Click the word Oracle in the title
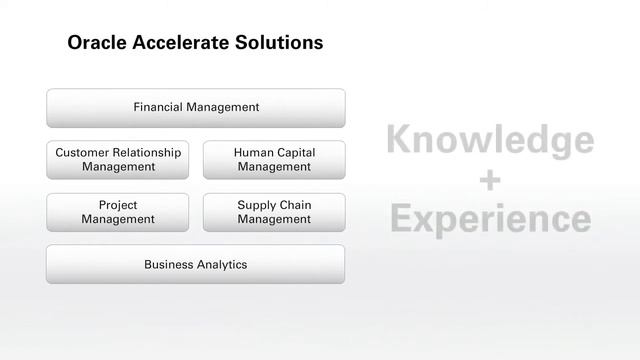click(x=97, y=43)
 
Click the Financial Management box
click(x=196, y=107)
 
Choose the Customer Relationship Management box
click(x=118, y=159)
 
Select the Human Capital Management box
click(x=274, y=159)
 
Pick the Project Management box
click(x=118, y=212)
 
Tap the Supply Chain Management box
click(x=274, y=212)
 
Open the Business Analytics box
click(x=196, y=265)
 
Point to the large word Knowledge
click(x=490, y=141)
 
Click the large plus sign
click(x=490, y=180)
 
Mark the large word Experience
click(x=490, y=218)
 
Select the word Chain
click(x=295, y=205)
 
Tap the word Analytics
click(x=220, y=265)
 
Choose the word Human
click(x=253, y=153)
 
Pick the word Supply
click(x=256, y=205)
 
